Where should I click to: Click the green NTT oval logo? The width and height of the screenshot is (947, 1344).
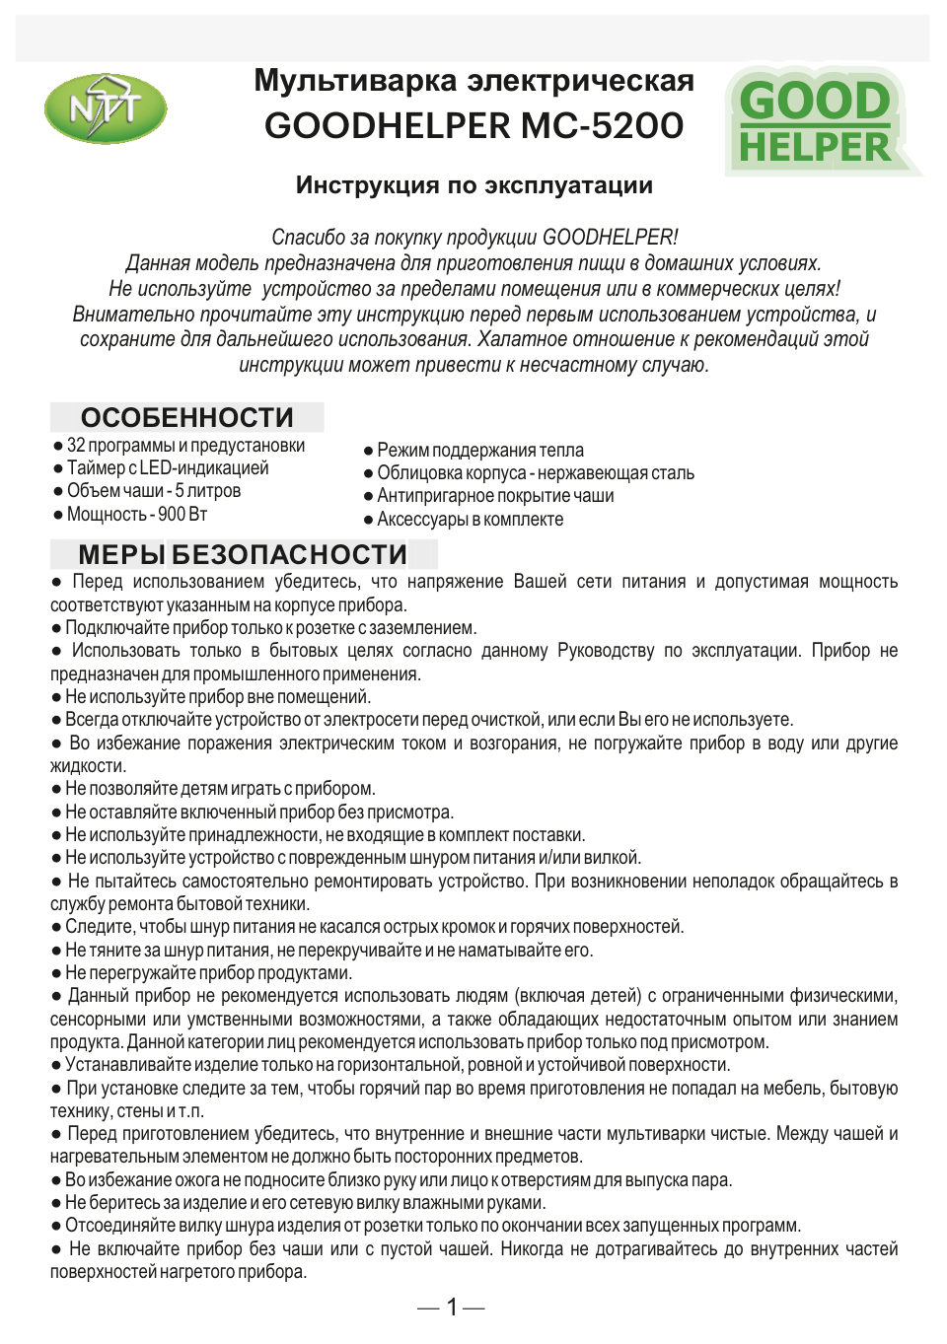105,109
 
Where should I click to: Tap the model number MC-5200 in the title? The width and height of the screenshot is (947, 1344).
602,126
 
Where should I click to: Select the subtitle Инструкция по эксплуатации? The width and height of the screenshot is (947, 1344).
473,185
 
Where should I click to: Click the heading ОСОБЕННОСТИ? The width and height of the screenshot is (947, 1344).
186,417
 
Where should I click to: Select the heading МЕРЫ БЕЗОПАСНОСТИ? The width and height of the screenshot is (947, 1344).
243,554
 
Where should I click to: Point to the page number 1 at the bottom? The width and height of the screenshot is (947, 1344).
452,1308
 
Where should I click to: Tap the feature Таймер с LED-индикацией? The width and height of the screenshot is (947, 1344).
167,468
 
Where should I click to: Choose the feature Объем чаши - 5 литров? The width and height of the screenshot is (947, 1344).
153,491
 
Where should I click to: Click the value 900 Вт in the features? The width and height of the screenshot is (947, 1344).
182,515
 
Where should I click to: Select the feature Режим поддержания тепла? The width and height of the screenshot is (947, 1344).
479,451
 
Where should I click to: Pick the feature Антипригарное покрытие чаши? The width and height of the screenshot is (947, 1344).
494,496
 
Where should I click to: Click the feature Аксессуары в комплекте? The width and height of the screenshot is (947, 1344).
470,520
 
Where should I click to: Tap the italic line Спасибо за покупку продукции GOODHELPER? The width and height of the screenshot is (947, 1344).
473,238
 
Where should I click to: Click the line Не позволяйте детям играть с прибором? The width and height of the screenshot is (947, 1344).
219,789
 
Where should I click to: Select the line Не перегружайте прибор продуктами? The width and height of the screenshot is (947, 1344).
207,973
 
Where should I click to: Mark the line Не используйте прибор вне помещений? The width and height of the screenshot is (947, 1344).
217,697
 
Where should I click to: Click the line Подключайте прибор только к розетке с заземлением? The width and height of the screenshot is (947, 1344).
270,628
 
